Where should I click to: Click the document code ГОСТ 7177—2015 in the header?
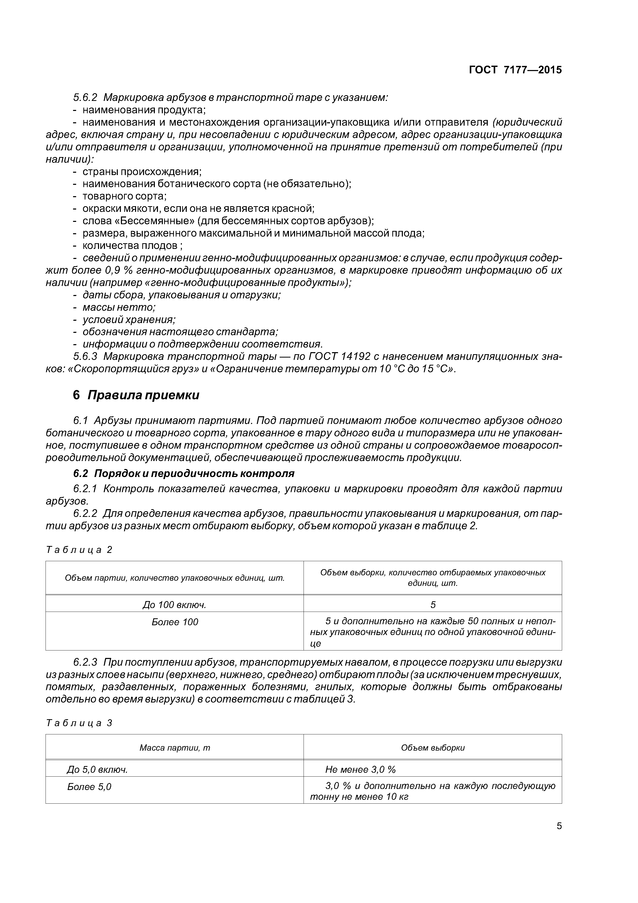[x=515, y=70]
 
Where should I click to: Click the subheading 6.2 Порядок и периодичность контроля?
[x=184, y=473]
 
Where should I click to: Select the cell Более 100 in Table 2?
[x=174, y=622]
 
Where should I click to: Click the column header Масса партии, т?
[x=174, y=748]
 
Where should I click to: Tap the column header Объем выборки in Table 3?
[x=433, y=748]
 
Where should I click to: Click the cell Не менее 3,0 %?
[x=360, y=769]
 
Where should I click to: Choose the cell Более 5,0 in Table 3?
[x=89, y=787]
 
